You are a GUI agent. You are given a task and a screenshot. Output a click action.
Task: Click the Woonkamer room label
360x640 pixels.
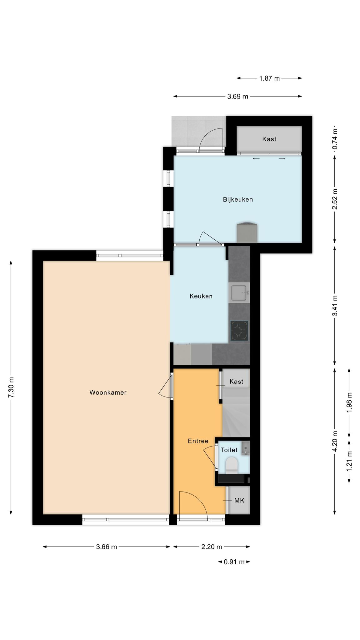click(108, 392)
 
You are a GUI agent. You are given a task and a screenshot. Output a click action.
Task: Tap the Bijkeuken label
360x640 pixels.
click(238, 199)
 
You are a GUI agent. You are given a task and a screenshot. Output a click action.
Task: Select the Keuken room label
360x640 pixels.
click(201, 296)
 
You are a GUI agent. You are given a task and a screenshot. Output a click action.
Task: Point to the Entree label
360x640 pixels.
click(198, 441)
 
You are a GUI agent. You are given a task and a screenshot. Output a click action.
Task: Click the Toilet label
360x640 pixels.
click(229, 450)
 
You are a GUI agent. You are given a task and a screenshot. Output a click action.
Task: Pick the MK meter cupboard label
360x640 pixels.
click(239, 501)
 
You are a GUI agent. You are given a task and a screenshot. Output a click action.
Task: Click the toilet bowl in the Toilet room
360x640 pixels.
click(232, 464)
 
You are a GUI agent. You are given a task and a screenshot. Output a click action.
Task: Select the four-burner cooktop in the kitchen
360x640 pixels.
click(239, 331)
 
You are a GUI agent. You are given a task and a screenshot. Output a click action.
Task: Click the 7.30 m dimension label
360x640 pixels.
click(11, 387)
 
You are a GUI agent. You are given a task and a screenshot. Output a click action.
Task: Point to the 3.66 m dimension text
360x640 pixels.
click(107, 547)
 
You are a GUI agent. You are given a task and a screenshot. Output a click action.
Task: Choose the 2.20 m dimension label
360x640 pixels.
click(212, 547)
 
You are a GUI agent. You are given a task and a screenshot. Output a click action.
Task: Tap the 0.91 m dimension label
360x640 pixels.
click(234, 562)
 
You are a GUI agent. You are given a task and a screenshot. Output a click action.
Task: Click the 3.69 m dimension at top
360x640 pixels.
click(238, 96)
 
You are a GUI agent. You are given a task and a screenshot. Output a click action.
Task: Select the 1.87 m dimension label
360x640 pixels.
click(269, 78)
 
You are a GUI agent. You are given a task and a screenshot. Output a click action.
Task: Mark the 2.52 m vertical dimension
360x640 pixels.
click(335, 199)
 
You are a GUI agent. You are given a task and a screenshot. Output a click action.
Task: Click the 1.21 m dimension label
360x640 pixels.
click(349, 462)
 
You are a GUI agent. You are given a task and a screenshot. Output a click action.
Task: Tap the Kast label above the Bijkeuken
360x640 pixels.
click(269, 139)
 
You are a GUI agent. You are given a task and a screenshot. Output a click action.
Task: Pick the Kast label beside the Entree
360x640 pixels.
click(236, 381)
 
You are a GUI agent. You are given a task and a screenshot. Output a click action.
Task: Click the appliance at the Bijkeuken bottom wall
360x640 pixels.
click(247, 232)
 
